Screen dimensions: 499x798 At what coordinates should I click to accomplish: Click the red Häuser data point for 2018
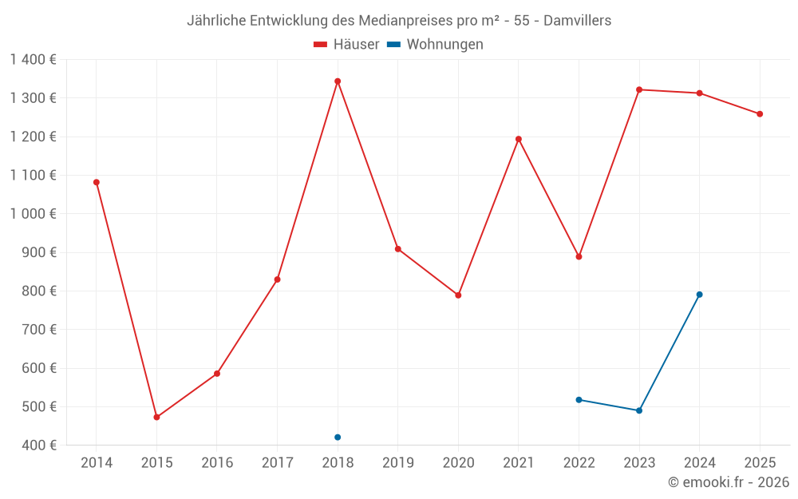(338, 81)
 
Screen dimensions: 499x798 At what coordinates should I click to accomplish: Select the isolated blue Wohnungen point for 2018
(338, 438)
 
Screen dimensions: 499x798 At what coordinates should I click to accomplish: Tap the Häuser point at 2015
(156, 418)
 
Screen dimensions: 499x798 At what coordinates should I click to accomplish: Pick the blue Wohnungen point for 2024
(699, 295)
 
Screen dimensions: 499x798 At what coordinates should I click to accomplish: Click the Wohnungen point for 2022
(579, 400)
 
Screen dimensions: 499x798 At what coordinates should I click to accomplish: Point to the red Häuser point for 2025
(760, 114)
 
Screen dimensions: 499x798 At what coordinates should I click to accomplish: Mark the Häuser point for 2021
(519, 139)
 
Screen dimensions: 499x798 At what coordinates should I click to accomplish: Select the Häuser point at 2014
(97, 182)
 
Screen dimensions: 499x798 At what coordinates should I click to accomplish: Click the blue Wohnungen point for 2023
(639, 410)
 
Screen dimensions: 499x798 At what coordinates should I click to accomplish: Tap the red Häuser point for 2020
(458, 295)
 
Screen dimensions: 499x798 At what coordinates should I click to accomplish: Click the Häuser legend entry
(346, 45)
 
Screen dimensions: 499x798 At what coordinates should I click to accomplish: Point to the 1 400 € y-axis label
(33, 60)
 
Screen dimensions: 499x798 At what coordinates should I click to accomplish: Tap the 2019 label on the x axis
(397, 463)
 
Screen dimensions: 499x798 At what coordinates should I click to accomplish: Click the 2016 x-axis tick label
(217, 463)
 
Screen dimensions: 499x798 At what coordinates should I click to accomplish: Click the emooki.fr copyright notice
(728, 482)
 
